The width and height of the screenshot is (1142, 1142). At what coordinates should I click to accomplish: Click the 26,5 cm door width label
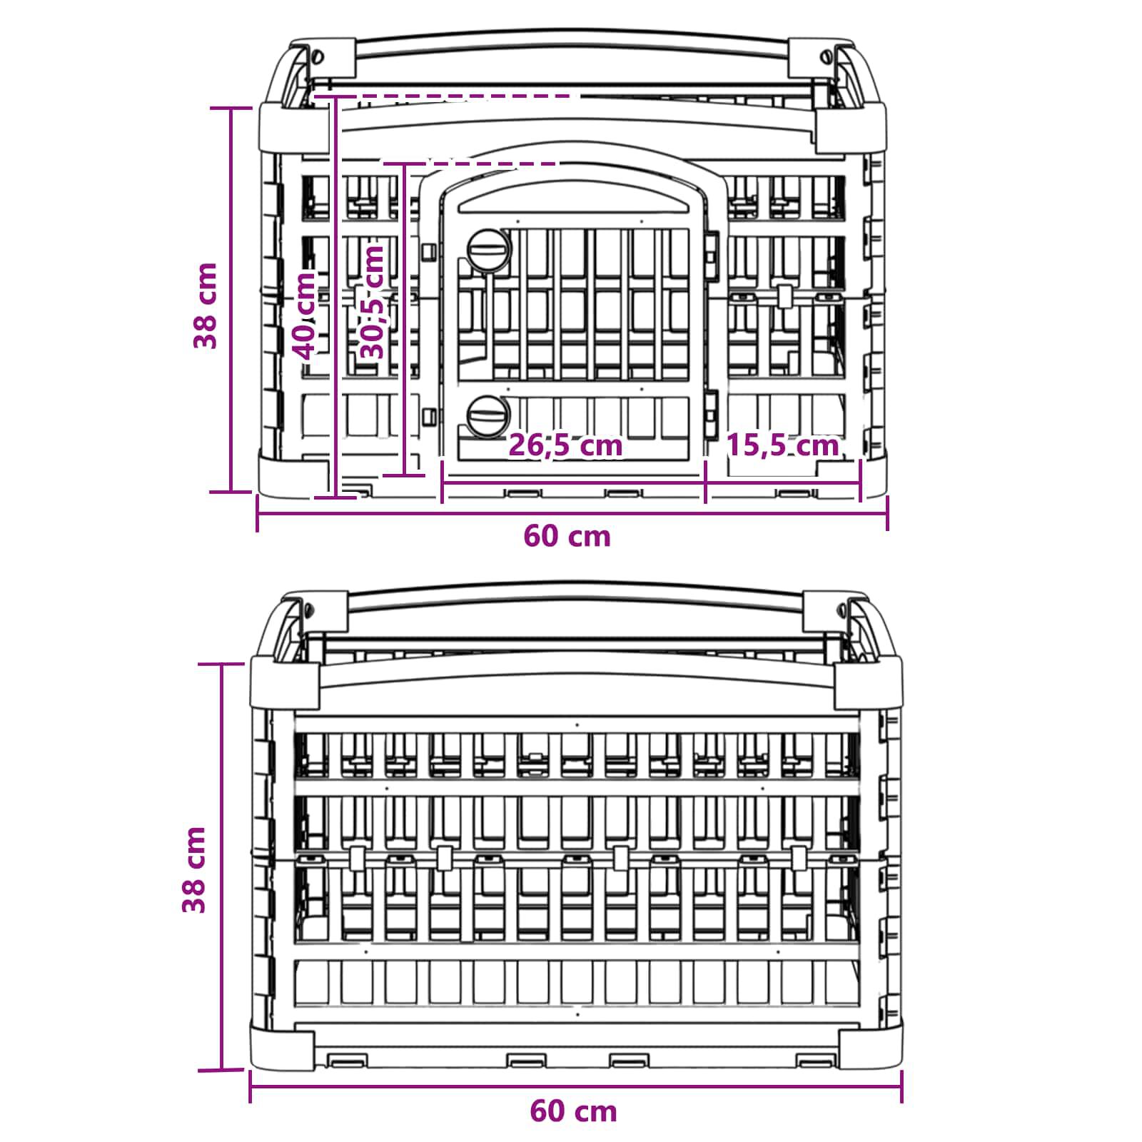coord(565,445)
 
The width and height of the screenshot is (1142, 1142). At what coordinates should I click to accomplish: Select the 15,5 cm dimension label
coord(782,445)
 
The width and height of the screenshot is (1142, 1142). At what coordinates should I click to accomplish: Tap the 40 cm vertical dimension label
coord(306,316)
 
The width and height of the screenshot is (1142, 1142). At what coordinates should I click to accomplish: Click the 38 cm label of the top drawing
coord(206,305)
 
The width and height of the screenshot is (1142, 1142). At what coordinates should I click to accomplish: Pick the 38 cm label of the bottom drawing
coord(194,870)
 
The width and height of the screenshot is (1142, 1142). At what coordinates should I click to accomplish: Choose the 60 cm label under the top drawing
coord(567,536)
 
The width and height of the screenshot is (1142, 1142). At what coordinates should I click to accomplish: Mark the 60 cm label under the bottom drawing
coord(573,1111)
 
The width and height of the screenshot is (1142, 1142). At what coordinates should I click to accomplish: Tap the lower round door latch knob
coord(489,415)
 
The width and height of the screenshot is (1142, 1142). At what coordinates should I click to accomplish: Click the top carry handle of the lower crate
coord(575,595)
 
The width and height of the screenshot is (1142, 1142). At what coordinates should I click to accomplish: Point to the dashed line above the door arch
coord(471,163)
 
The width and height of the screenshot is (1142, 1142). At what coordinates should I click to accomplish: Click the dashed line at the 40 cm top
coord(443,96)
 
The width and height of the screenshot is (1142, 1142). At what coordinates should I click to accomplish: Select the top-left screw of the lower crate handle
coord(308,610)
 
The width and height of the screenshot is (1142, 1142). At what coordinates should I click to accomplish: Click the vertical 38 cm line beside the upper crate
coord(231,300)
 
